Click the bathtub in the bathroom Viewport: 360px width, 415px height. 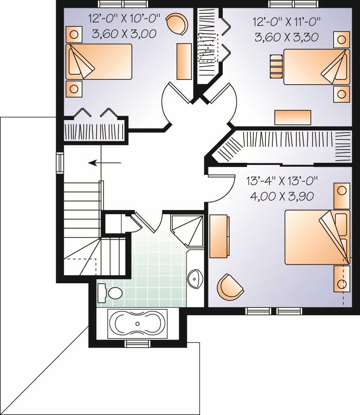tap(137, 323)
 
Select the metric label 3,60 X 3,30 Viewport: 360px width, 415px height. tap(287, 37)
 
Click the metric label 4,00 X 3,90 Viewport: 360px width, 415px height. tap(281, 196)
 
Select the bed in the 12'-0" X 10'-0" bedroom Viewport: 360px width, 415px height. tap(99, 61)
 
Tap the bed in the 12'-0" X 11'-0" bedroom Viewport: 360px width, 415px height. tap(316, 67)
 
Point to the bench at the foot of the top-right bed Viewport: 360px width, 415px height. tap(275, 66)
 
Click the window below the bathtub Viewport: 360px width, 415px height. tap(137, 343)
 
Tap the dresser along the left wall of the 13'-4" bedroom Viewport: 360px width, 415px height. tap(219, 236)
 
